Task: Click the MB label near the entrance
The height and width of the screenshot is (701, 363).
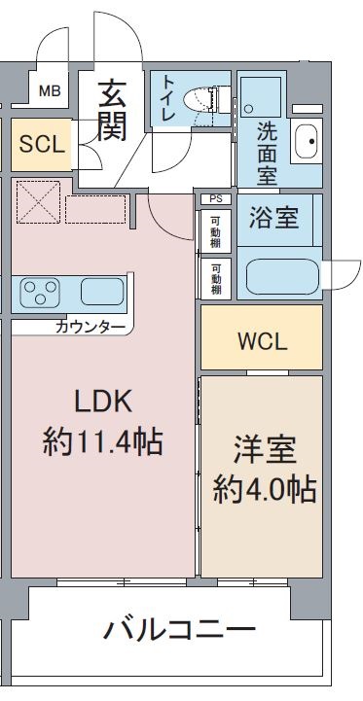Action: tap(50, 91)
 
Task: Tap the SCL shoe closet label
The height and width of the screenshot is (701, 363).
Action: tap(42, 145)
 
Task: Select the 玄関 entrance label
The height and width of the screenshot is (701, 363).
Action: tap(112, 110)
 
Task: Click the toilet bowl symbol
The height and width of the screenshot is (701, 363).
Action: tap(201, 97)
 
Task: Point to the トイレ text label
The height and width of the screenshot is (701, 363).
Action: tap(168, 98)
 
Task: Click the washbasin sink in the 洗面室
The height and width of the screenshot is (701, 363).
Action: tap(307, 141)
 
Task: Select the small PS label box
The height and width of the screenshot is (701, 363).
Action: tap(216, 199)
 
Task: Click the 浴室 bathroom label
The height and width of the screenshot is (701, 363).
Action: tap(273, 219)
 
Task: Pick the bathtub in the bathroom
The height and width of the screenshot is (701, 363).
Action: tap(282, 277)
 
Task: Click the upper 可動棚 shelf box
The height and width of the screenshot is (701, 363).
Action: tap(216, 231)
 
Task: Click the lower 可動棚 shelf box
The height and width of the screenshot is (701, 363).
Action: tap(216, 278)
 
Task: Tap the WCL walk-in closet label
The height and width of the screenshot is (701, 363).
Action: tap(262, 342)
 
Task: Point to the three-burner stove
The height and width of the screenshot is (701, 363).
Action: tap(40, 293)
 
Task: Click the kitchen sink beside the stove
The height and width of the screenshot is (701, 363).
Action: tap(102, 292)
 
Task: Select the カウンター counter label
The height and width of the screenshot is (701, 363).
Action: tap(91, 328)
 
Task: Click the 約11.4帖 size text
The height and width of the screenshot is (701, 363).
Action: tap(102, 442)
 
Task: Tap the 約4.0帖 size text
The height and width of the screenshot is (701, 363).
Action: tap(265, 490)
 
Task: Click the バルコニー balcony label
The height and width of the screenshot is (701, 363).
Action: tap(179, 630)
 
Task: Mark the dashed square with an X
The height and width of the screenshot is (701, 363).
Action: tap(38, 201)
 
